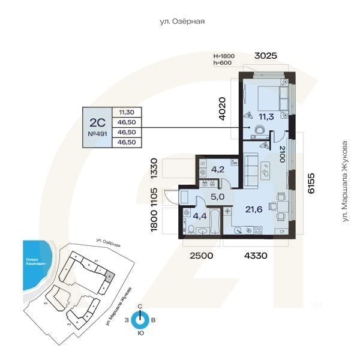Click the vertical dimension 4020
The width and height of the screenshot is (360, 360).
tap(223, 110)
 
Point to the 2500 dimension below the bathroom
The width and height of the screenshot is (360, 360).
tap(201, 256)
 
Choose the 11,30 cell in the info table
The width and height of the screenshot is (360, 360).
tap(126, 112)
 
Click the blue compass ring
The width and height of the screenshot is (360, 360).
tap(140, 320)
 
